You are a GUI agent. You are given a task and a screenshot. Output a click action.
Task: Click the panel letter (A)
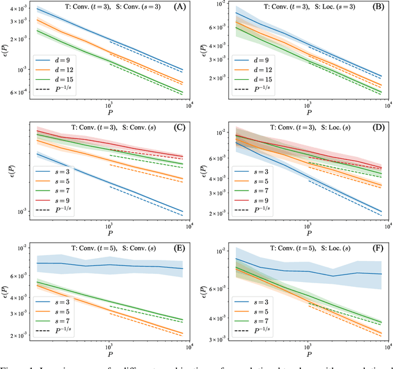click(x=182, y=7)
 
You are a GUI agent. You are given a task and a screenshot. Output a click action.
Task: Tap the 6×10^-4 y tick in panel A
click(x=23, y=93)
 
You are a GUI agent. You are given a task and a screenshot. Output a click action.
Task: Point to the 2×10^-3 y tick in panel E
click(x=23, y=335)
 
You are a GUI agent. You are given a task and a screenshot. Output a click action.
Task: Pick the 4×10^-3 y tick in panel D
click(x=222, y=178)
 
